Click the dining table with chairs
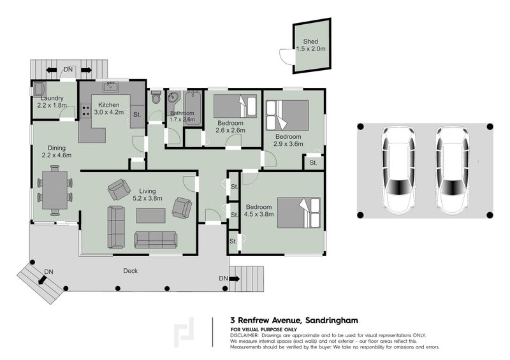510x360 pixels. [55, 187]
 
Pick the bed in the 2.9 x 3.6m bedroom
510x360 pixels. [286, 115]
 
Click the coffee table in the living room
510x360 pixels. [150, 216]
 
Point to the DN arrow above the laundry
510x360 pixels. [68, 69]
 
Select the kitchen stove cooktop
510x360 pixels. [85, 110]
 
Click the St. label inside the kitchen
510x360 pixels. [136, 115]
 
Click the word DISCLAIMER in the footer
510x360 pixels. [246, 335]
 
